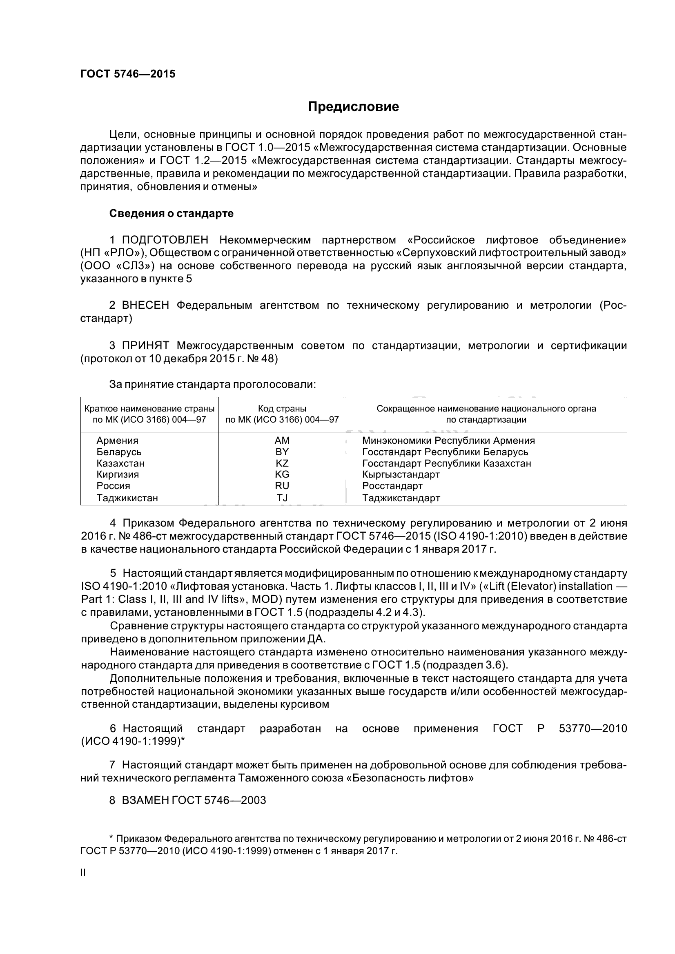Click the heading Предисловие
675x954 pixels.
[x=353, y=107]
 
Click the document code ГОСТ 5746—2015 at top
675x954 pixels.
[x=128, y=74]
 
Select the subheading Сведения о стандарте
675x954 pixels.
[x=171, y=214]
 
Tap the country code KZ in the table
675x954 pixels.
[x=282, y=463]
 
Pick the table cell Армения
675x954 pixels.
[x=117, y=440]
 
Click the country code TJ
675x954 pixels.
[x=282, y=498]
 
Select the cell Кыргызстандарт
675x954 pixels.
[x=401, y=474]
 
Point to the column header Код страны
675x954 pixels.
[x=282, y=408]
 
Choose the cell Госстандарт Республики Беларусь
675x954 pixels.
[x=445, y=452]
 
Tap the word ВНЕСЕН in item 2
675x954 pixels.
[x=145, y=305]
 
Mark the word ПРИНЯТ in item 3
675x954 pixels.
[x=145, y=345]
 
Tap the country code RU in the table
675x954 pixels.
[x=282, y=486]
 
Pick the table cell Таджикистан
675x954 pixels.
[x=127, y=498]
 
